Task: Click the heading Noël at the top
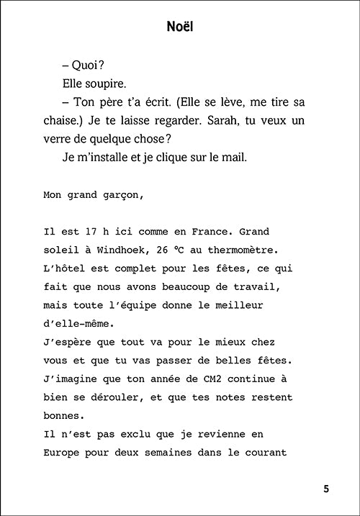pos(180,27)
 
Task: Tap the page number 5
pos(326,489)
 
